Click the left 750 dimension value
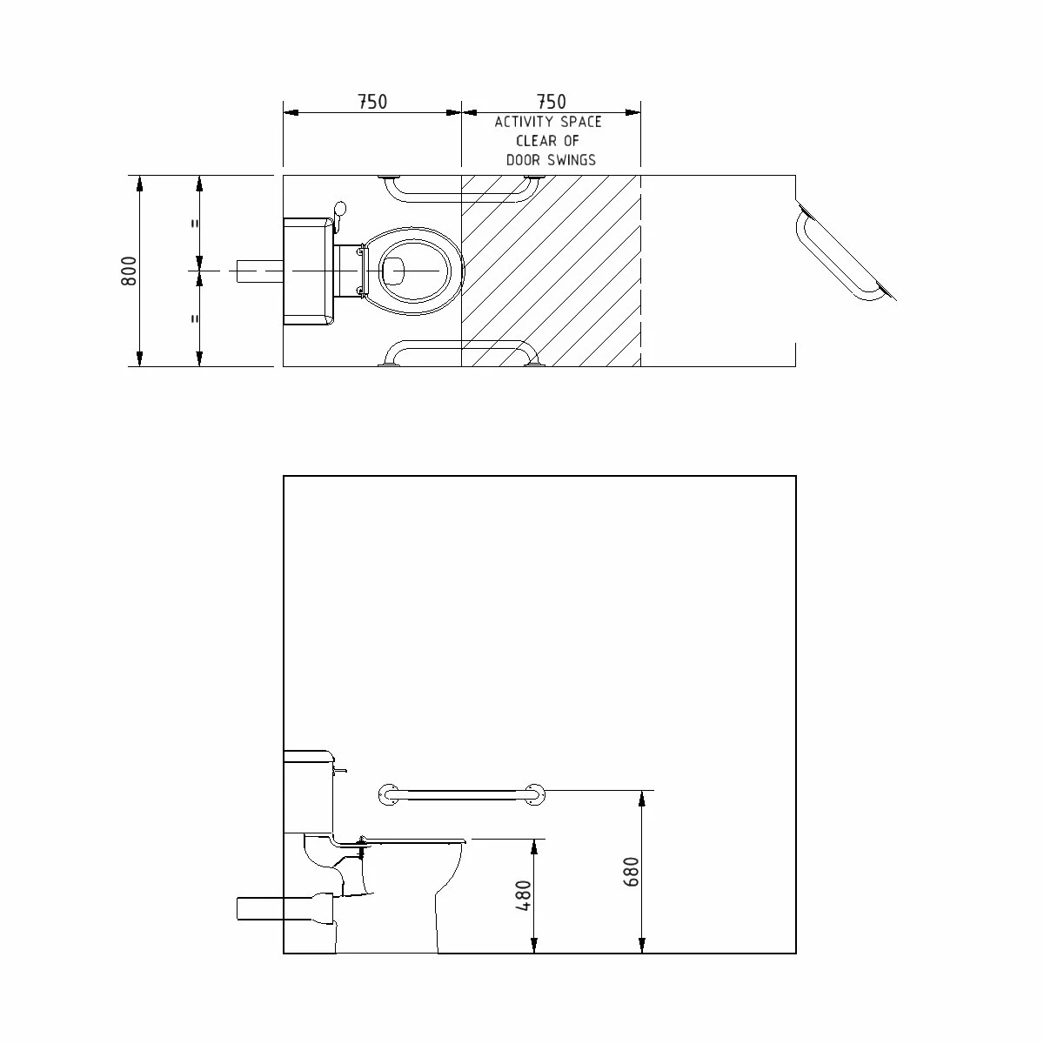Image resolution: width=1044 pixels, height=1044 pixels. tap(371, 102)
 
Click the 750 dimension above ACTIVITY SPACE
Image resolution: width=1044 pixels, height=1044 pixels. tap(551, 102)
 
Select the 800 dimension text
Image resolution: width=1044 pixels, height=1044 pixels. tap(129, 271)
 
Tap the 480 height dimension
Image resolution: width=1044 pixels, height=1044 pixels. tap(524, 895)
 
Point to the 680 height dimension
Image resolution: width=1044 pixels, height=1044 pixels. tap(632, 873)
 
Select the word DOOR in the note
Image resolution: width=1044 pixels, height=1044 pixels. tap(525, 160)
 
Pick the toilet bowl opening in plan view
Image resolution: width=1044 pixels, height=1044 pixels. tap(394, 271)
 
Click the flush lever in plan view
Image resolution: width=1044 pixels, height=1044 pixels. tap(339, 211)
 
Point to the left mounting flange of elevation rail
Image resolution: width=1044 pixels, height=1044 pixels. tap(389, 794)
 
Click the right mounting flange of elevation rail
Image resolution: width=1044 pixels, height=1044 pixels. tap(536, 794)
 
